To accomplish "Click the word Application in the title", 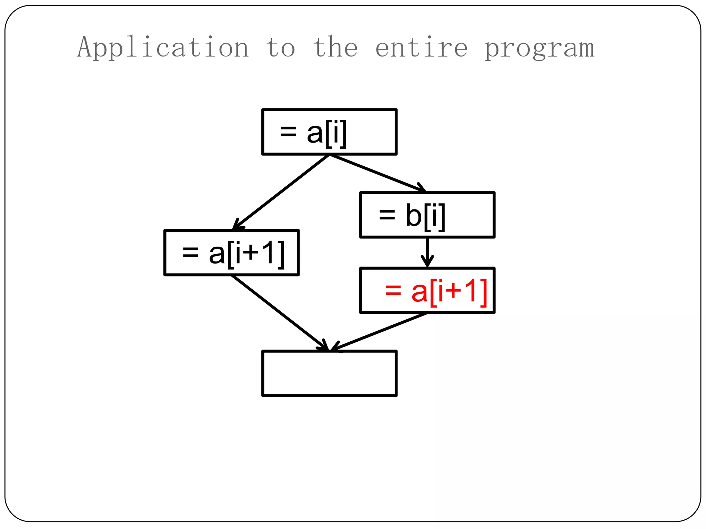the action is (x=163, y=48).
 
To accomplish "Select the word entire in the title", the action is (x=421, y=48).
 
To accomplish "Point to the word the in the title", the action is (x=335, y=48).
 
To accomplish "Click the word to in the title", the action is (x=281, y=48).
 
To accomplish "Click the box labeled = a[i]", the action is (x=330, y=132).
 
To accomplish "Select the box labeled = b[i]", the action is (x=427, y=215).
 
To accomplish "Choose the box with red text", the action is (x=427, y=290).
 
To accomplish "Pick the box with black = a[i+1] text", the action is (x=231, y=252).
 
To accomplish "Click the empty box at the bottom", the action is (x=330, y=373).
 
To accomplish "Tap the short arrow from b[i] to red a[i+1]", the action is (x=427, y=252).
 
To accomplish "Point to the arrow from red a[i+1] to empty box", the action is (x=379, y=332).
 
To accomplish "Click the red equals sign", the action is (x=393, y=290).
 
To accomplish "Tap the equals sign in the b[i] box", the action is (x=387, y=215).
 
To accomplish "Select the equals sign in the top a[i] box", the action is (x=288, y=131).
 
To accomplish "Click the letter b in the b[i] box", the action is (x=413, y=215).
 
